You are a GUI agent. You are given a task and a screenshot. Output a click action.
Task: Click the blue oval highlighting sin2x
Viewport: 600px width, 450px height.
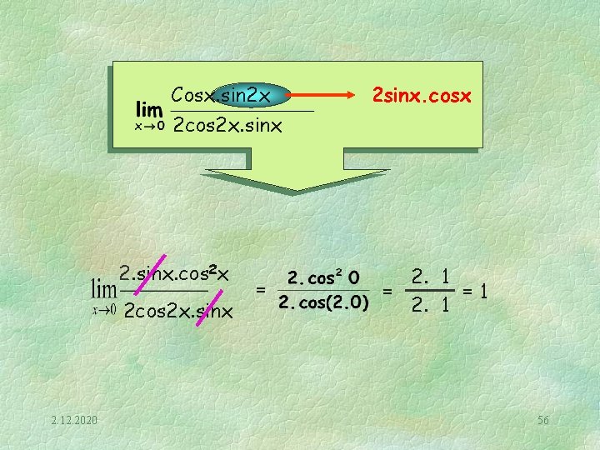pyautogui.click(x=250, y=96)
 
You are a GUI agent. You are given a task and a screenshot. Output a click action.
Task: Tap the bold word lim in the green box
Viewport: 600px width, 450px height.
pyautogui.click(x=149, y=109)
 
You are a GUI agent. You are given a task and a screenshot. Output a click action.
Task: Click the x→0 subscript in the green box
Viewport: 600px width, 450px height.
pyautogui.click(x=150, y=125)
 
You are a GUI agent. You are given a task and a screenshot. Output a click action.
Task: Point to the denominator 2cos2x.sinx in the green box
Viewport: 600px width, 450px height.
pyautogui.click(x=227, y=126)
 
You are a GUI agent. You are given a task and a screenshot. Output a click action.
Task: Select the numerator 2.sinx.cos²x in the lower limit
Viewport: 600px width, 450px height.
pyautogui.click(x=174, y=272)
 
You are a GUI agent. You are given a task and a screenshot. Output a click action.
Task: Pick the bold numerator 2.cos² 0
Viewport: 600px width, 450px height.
pyautogui.click(x=323, y=277)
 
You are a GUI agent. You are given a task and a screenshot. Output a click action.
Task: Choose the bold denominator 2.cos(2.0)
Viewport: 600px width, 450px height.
pyautogui.click(x=323, y=302)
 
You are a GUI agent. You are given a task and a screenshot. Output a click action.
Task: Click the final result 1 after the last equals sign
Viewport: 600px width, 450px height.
pyautogui.click(x=483, y=291)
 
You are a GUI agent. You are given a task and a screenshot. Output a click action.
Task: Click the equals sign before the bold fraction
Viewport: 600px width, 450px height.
pyautogui.click(x=262, y=290)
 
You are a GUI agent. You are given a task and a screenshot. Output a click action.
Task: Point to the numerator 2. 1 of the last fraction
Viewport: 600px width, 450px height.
pyautogui.click(x=431, y=276)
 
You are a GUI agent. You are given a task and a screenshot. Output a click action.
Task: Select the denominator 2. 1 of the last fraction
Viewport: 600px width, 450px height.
pyautogui.click(x=431, y=305)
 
